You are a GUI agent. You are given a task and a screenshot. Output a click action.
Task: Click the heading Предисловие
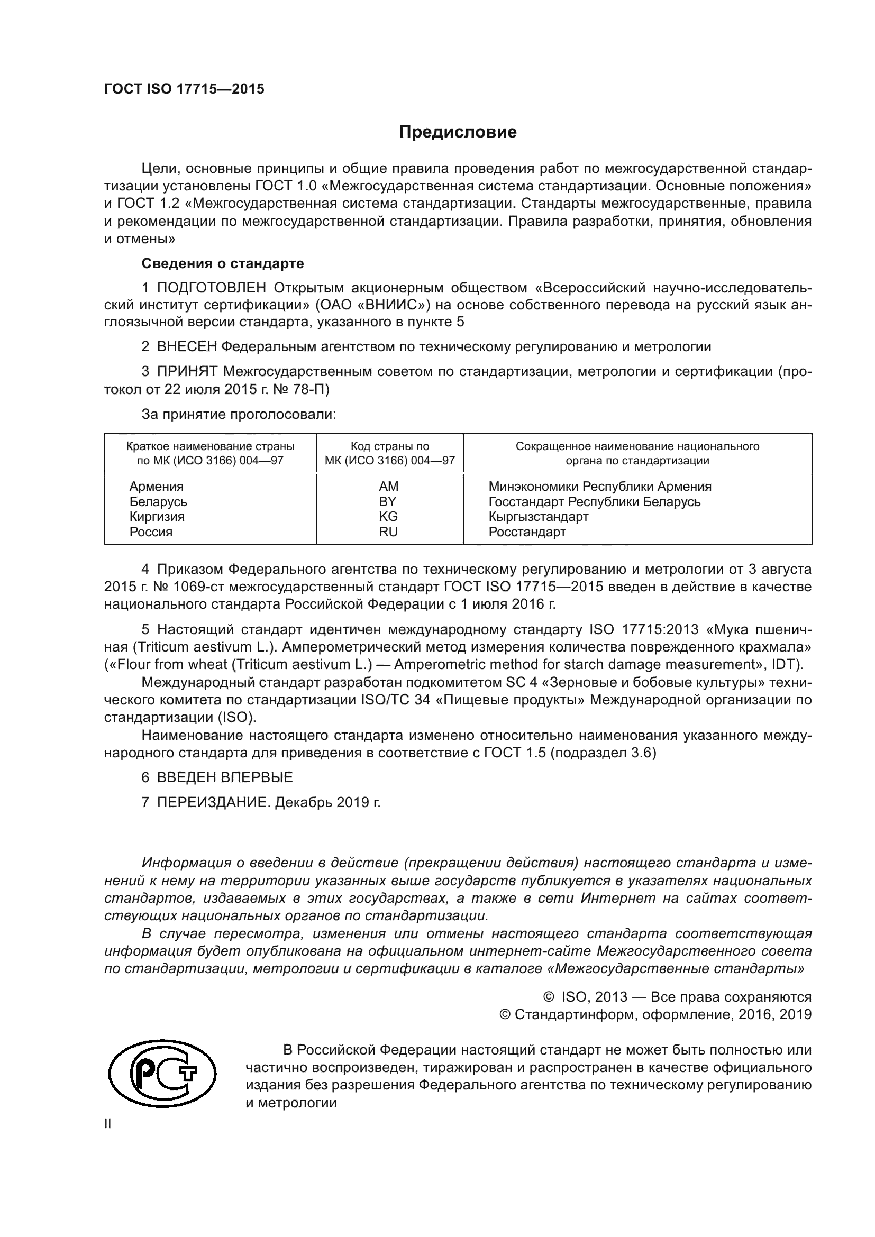[x=458, y=132]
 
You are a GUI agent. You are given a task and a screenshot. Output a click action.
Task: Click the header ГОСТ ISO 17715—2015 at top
[x=184, y=89]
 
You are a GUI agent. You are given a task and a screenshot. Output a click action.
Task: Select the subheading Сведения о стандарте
[x=223, y=263]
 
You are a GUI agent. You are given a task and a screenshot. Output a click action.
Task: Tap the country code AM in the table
[x=388, y=487]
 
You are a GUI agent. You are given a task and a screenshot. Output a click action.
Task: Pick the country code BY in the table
[x=387, y=501]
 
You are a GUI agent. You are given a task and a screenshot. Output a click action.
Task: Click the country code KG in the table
[x=388, y=517]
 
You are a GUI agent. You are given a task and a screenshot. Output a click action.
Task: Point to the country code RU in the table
[x=388, y=532]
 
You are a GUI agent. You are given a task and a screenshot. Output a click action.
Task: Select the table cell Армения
[x=156, y=487]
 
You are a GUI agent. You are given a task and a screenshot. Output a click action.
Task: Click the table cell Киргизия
[x=157, y=517]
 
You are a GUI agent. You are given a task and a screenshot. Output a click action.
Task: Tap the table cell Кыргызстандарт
[x=538, y=517]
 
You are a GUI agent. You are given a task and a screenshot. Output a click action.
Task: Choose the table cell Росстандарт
[x=527, y=532]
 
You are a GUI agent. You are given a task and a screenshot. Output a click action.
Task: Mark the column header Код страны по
[x=389, y=446]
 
